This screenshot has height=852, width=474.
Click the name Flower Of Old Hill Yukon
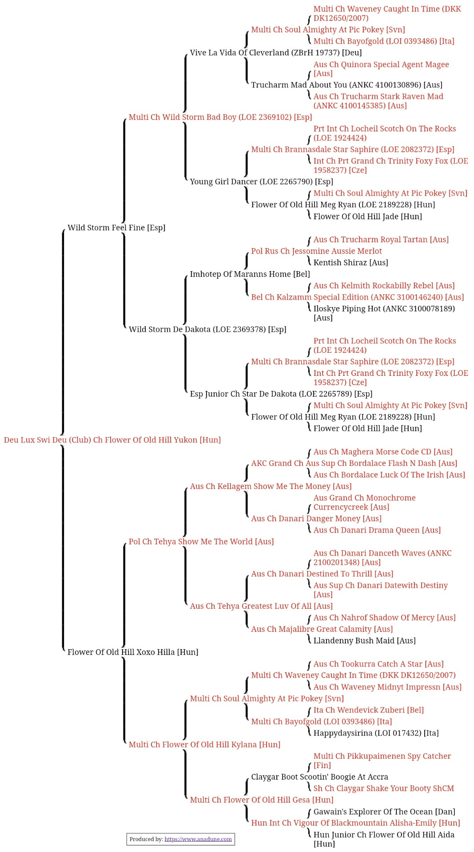[112, 440]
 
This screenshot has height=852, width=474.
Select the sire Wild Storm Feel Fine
[116, 228]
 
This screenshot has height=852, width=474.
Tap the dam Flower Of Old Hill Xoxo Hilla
[132, 652]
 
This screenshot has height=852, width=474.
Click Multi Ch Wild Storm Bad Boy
[220, 117]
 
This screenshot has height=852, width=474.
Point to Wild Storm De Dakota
[207, 329]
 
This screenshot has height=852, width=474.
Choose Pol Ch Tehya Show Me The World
[201, 541]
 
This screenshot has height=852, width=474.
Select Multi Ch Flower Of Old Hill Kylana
[204, 744]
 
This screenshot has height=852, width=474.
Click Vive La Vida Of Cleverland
[275, 53]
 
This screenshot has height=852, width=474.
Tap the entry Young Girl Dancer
[261, 181]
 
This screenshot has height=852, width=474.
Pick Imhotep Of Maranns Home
[250, 274]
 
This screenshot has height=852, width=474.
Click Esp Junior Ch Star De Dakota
[281, 394]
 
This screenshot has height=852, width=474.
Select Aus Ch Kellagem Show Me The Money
[271, 486]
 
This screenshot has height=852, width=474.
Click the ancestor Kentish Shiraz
[351, 263]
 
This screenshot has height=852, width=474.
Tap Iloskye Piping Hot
[384, 308]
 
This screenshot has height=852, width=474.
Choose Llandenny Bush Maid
[364, 640]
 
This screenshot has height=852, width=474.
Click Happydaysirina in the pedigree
[376, 733]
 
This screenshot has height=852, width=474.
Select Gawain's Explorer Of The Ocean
[384, 812]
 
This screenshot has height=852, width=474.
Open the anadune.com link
[198, 839]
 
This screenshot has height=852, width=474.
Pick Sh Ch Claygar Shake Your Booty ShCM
[383, 788]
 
